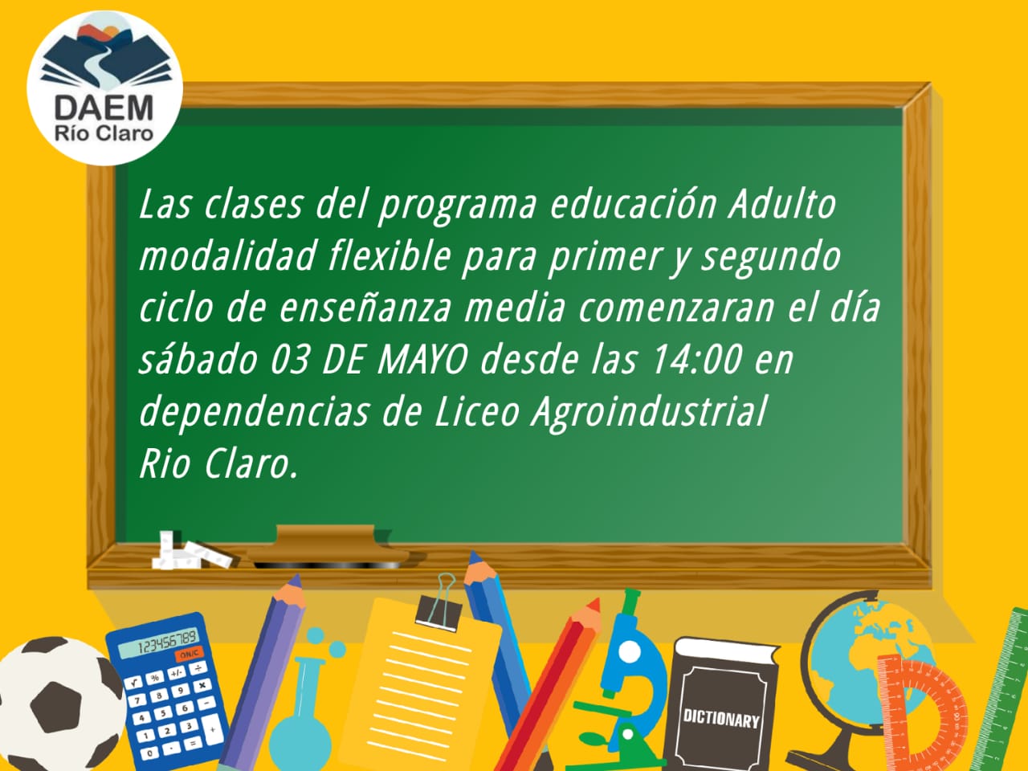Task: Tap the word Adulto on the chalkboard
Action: [x=781, y=204]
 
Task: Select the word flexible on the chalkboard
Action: [x=390, y=256]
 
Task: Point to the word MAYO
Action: [x=422, y=360]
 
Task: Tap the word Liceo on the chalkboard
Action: [x=475, y=411]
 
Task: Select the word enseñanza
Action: [x=365, y=308]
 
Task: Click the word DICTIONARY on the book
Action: [x=721, y=718]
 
